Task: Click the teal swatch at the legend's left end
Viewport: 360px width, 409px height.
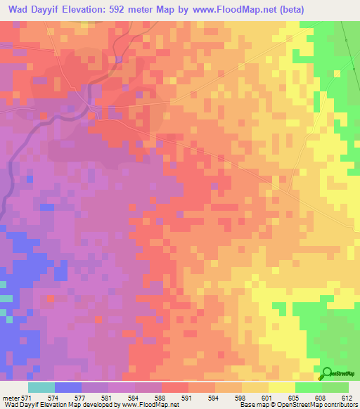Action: pos(41,387)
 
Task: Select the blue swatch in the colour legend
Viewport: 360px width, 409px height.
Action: pos(68,387)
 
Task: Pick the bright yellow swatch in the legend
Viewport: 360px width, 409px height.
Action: pos(282,387)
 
